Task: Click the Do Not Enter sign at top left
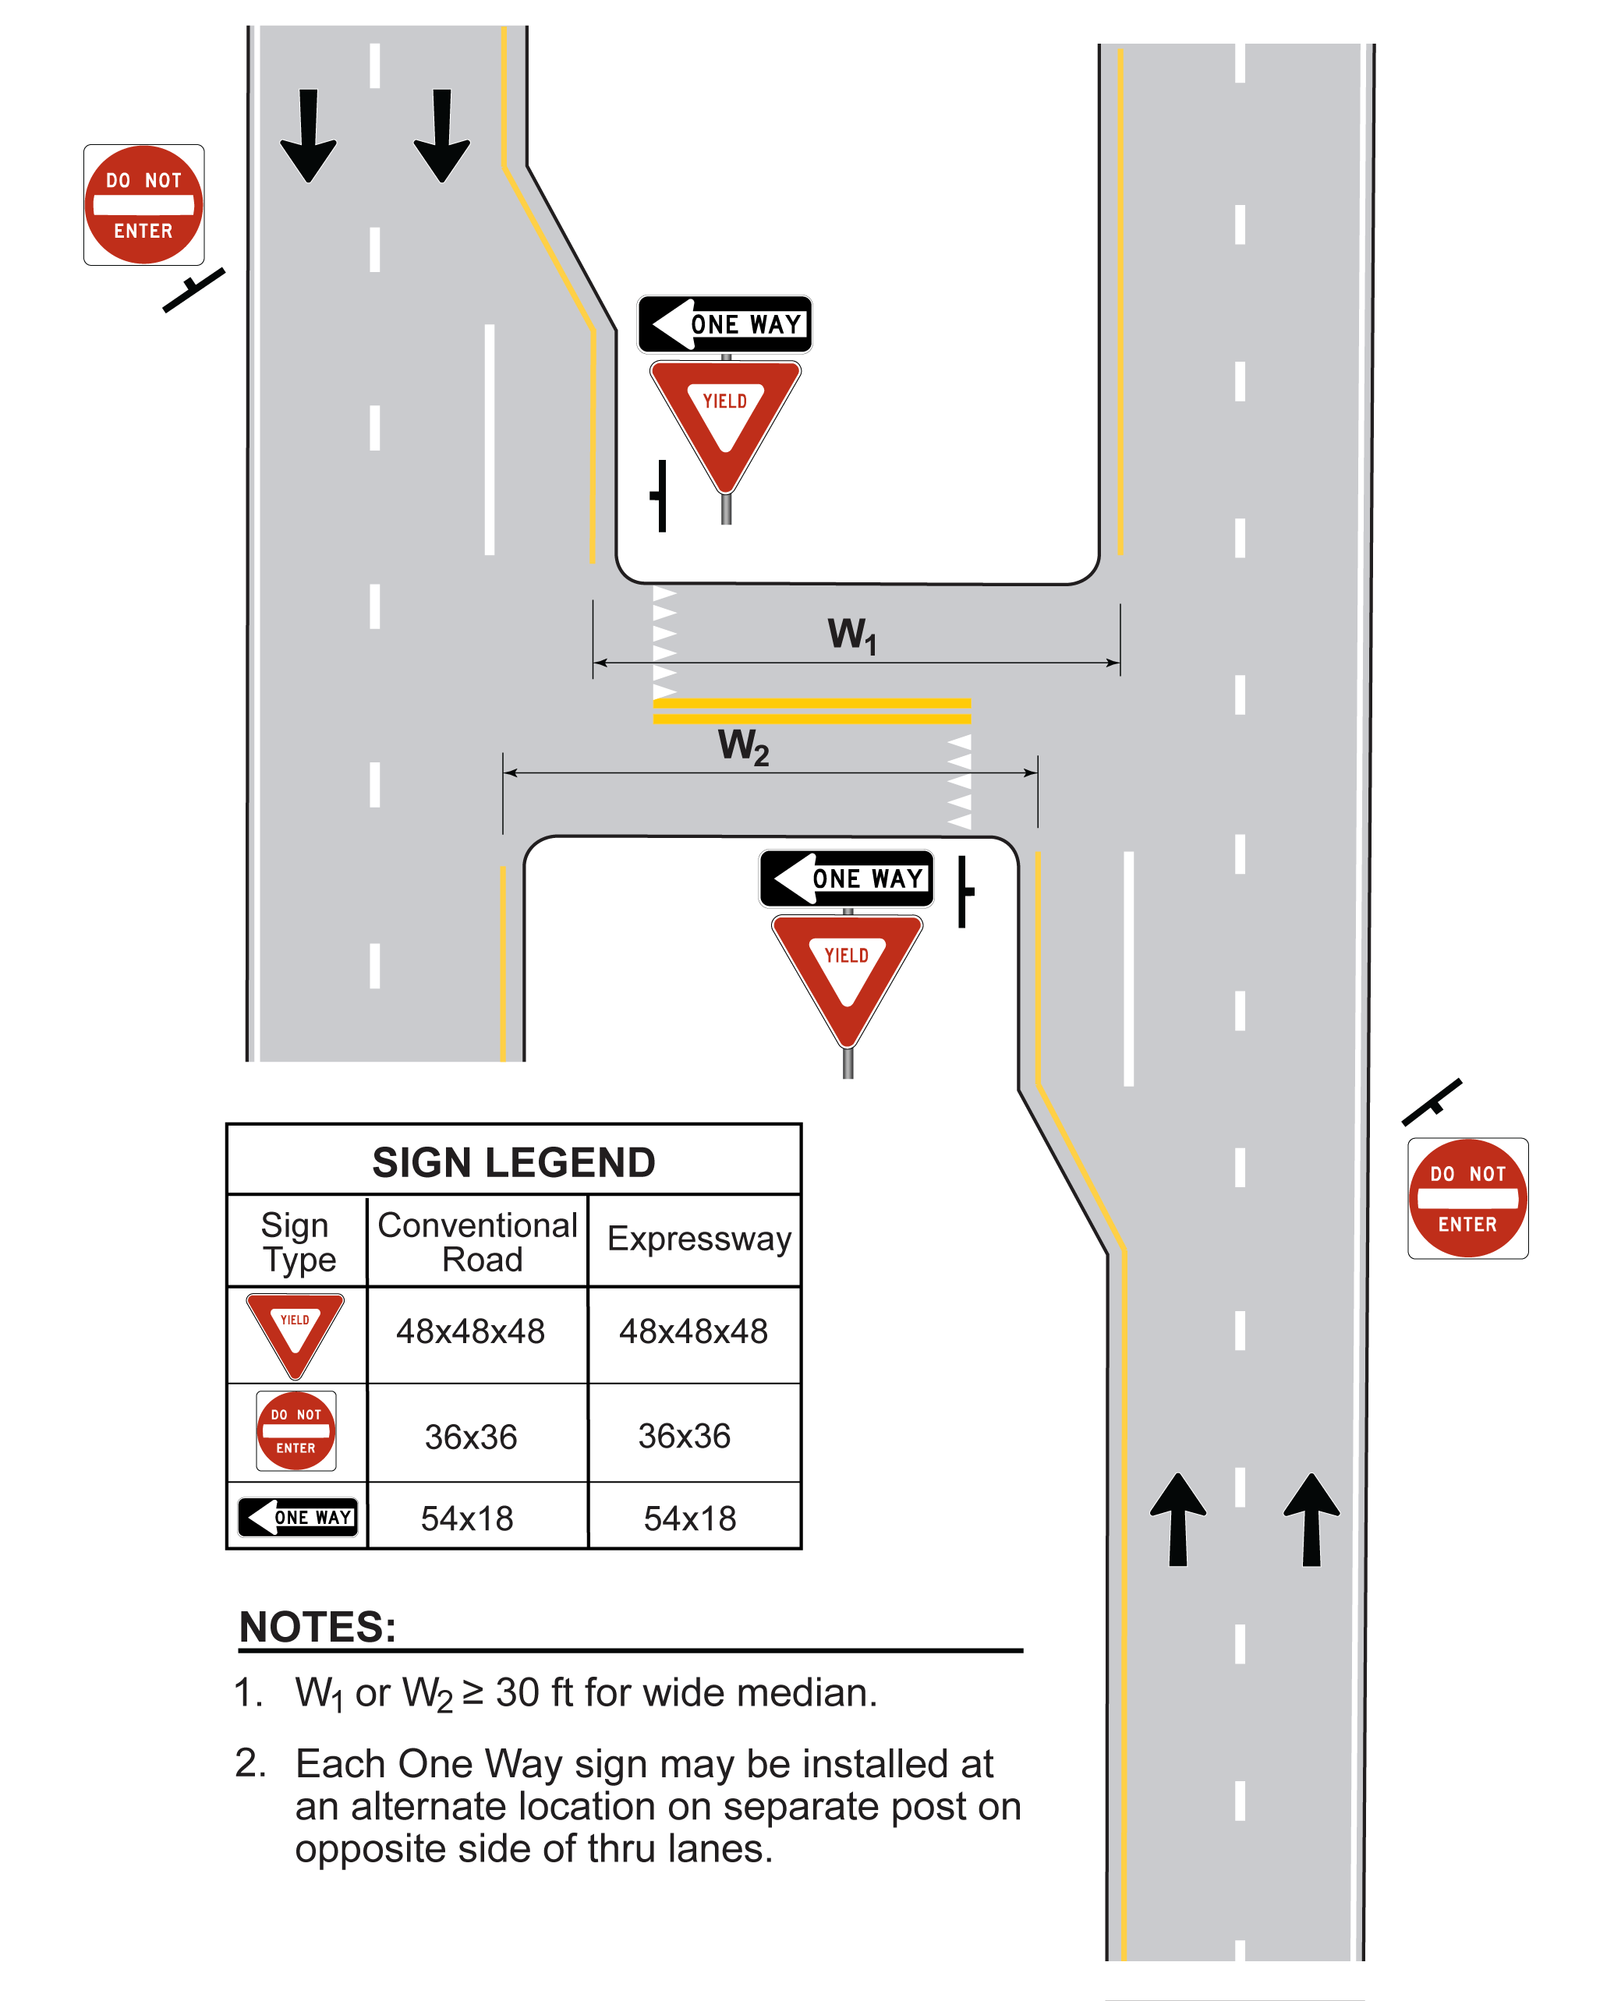(144, 205)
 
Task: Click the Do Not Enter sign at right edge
(1467, 1198)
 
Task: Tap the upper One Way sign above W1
(724, 324)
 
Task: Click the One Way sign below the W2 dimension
(847, 879)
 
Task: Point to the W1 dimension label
(851, 636)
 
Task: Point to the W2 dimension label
(743, 746)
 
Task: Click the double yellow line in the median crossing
(812, 711)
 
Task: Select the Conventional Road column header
(478, 1242)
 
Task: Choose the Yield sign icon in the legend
(295, 1332)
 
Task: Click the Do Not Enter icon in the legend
(296, 1430)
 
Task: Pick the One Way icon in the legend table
(298, 1517)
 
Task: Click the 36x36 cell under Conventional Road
(470, 1437)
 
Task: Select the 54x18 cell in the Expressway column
(690, 1518)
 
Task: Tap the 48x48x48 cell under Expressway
(694, 1332)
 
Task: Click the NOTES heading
(318, 1628)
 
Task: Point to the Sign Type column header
(298, 1243)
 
